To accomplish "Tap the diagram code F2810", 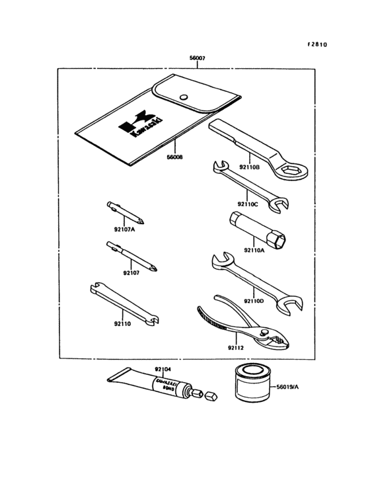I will pos(316,45).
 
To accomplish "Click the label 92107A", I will pos(124,229).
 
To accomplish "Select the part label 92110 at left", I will pos(123,324).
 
